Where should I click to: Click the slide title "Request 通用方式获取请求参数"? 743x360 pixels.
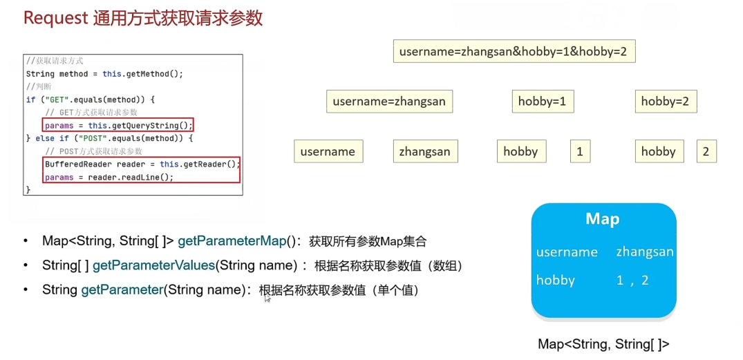pyautogui.click(x=143, y=19)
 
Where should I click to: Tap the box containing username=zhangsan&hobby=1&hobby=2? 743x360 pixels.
pyautogui.click(x=514, y=51)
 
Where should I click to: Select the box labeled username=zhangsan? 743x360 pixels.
pyautogui.click(x=390, y=102)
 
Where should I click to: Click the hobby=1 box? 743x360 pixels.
pyautogui.click(x=543, y=102)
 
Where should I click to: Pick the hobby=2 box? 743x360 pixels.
pyautogui.click(x=666, y=102)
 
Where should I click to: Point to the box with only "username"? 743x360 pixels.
pyautogui.click(x=328, y=151)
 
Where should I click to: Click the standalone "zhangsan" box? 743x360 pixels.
pyautogui.click(x=426, y=151)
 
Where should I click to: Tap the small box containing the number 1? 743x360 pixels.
pyautogui.click(x=581, y=151)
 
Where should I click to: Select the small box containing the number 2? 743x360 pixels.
pyautogui.click(x=706, y=151)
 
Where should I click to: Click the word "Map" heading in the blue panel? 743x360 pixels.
pyautogui.click(x=602, y=219)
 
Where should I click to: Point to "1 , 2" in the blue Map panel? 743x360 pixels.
pyautogui.click(x=632, y=281)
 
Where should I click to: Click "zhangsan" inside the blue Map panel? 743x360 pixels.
pyautogui.click(x=645, y=252)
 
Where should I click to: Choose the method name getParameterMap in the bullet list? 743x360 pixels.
pyautogui.click(x=232, y=242)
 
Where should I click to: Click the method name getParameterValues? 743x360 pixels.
pyautogui.click(x=153, y=266)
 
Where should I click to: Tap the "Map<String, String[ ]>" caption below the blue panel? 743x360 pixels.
pyautogui.click(x=603, y=344)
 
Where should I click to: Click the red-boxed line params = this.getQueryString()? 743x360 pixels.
pyautogui.click(x=119, y=126)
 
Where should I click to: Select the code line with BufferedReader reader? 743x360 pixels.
pyautogui.click(x=142, y=164)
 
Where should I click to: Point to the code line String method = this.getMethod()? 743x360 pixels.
pyautogui.click(x=104, y=74)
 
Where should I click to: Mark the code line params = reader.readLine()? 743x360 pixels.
pyautogui.click(x=109, y=177)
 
